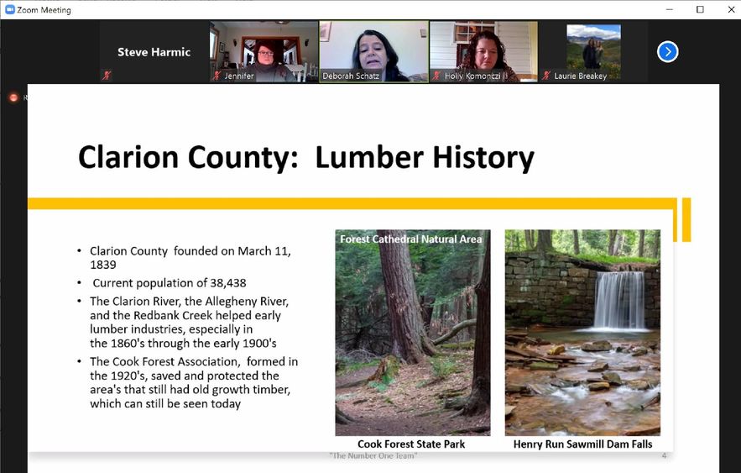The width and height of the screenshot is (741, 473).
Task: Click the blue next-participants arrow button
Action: [x=667, y=52]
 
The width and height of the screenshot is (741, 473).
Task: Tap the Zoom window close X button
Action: [x=731, y=9]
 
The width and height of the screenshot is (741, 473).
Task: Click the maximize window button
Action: [x=700, y=9]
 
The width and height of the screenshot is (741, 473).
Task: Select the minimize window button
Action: [x=669, y=9]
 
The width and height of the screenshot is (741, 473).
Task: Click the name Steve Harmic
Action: [x=154, y=52]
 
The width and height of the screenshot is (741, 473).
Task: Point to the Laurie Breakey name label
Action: [x=581, y=76]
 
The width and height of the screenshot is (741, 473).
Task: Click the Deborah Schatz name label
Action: [x=351, y=76]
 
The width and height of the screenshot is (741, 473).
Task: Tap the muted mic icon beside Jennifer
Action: [x=217, y=76]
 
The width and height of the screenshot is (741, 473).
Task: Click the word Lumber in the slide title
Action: [x=369, y=157]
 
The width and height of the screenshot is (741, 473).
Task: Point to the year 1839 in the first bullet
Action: [x=103, y=265]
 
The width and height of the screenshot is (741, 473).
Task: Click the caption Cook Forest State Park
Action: [x=411, y=444]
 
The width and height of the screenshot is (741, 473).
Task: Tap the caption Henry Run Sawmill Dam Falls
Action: [x=582, y=444]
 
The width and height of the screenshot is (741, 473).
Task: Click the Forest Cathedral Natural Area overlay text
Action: [x=410, y=239]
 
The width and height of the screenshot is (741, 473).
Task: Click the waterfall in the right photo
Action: [x=619, y=301]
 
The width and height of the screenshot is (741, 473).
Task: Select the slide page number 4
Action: [x=664, y=455]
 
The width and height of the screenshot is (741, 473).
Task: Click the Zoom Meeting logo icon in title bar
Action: [x=10, y=9]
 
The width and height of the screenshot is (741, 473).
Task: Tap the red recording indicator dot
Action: [x=13, y=97]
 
